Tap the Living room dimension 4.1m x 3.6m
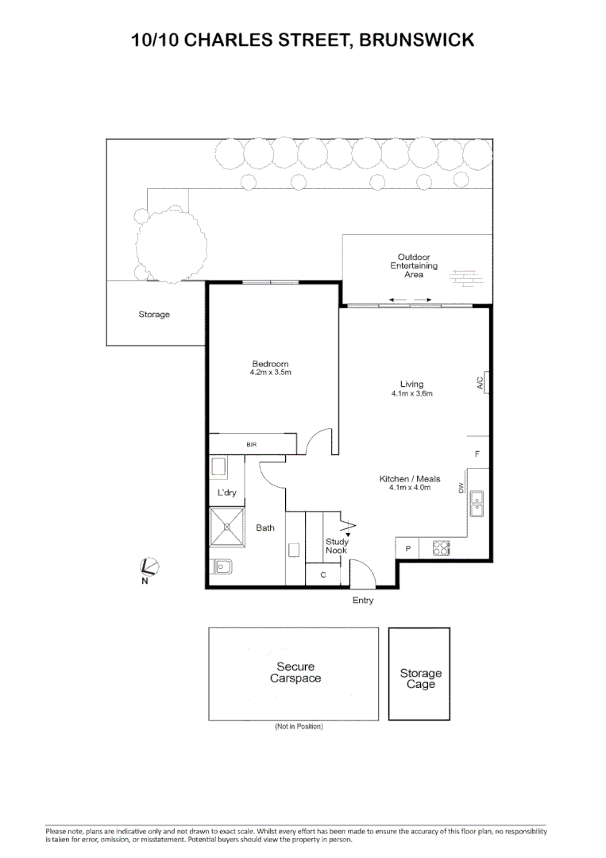pos(411,393)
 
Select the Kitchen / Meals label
pos(410,479)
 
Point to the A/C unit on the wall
pos(483,384)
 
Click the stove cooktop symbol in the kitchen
pos(441,548)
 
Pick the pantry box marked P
pos(408,548)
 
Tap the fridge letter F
pos(477,454)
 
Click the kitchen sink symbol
pos(477,504)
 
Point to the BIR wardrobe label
pos(251,445)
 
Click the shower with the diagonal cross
pos(228,527)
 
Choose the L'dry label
pos(227,493)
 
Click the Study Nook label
pos(337,546)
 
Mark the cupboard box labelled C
pos(323,574)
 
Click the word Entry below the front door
pos(363,601)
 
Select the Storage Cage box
pos(420,674)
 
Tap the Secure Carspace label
pos(295,673)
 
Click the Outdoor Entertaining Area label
pos(414,265)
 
